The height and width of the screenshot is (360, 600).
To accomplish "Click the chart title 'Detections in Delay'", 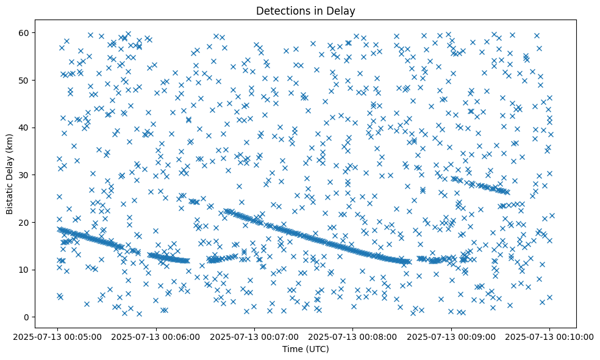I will pyautogui.click(x=305, y=10).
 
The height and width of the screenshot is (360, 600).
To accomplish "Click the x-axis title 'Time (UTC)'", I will pyautogui.click(x=305, y=349).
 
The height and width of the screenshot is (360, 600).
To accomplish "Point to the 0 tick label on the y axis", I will pyautogui.click(x=27, y=317).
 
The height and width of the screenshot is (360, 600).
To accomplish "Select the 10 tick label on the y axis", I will pyautogui.click(x=26, y=270).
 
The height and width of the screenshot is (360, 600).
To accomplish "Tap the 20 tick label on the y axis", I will pyautogui.click(x=26, y=222).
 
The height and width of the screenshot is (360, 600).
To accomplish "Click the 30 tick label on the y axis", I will pyautogui.click(x=26, y=175).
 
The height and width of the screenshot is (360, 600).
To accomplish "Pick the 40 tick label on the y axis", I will pyautogui.click(x=26, y=128).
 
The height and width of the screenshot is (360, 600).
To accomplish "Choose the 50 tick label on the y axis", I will pyautogui.click(x=26, y=80).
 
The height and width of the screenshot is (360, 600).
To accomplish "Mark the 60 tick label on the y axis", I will pyautogui.click(x=26, y=32).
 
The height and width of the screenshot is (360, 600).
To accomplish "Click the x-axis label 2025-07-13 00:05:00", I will pyautogui.click(x=58, y=337).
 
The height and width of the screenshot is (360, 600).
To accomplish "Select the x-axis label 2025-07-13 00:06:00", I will pyautogui.click(x=156, y=337).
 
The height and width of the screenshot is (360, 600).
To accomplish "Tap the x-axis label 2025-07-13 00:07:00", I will pyautogui.click(x=254, y=337).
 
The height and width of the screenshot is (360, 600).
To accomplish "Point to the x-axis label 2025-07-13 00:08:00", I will pyautogui.click(x=352, y=337).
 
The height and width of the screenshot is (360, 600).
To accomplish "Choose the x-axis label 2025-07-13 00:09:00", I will pyautogui.click(x=451, y=337).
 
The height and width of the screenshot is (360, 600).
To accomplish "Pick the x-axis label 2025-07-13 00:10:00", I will pyautogui.click(x=549, y=337).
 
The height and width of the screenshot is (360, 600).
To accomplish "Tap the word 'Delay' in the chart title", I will pyautogui.click(x=343, y=10).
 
